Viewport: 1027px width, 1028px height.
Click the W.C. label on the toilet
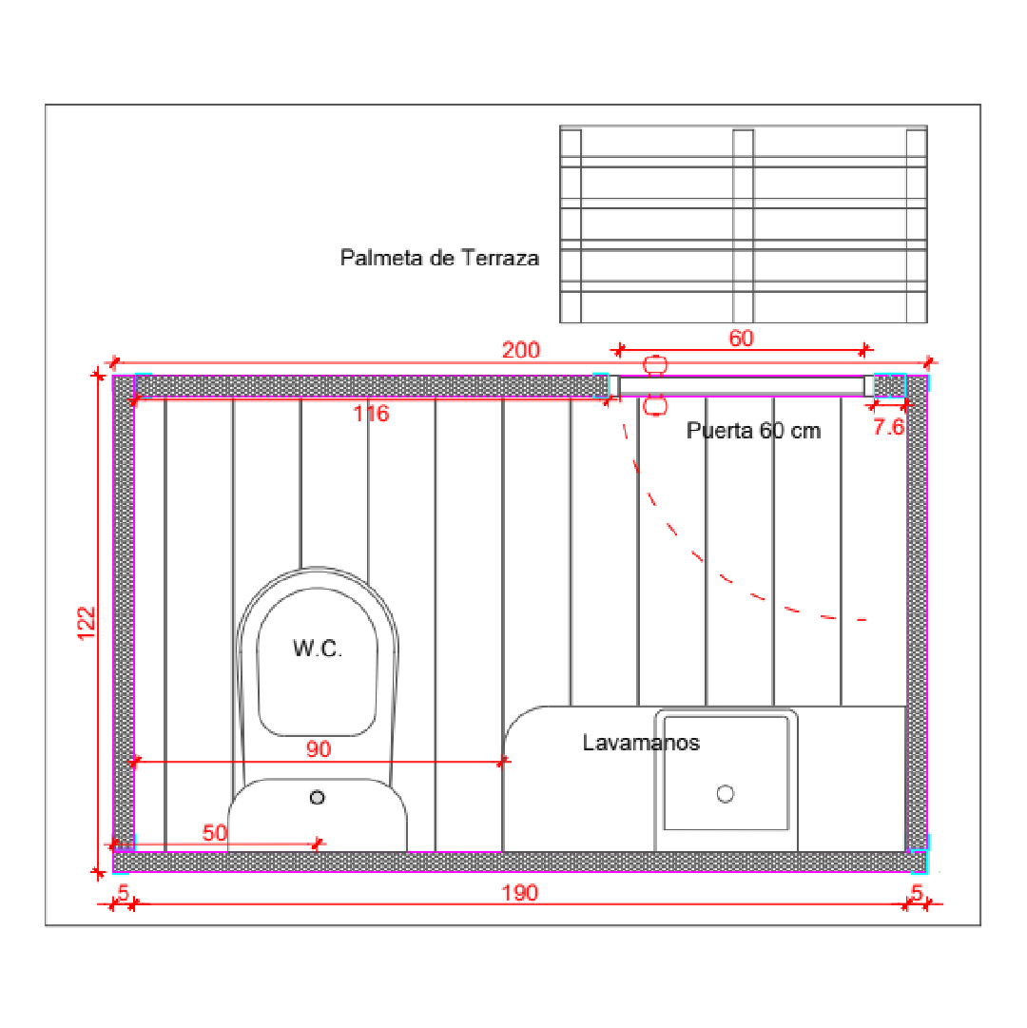318,649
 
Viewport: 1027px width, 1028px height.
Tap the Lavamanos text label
641,743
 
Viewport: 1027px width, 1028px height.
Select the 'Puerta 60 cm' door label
753,431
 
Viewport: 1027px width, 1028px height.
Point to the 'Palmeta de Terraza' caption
439,258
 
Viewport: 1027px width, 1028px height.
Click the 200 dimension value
520,349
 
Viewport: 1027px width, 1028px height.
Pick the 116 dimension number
371,414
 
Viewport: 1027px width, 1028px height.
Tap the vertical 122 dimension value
87,624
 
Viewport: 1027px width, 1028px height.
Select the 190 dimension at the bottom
520,893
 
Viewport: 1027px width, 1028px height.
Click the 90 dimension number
319,748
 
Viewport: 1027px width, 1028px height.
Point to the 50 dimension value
214,833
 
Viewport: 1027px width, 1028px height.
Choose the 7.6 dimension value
888,427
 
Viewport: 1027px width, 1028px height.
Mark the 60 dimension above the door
742,339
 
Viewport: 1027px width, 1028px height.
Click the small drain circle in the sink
726,794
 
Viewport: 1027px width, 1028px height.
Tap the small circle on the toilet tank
318,797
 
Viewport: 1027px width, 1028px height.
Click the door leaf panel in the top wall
742,386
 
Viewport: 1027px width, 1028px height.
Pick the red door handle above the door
655,364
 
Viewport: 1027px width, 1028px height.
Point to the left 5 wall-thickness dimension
123,892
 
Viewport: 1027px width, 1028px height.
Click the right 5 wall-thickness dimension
917,892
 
